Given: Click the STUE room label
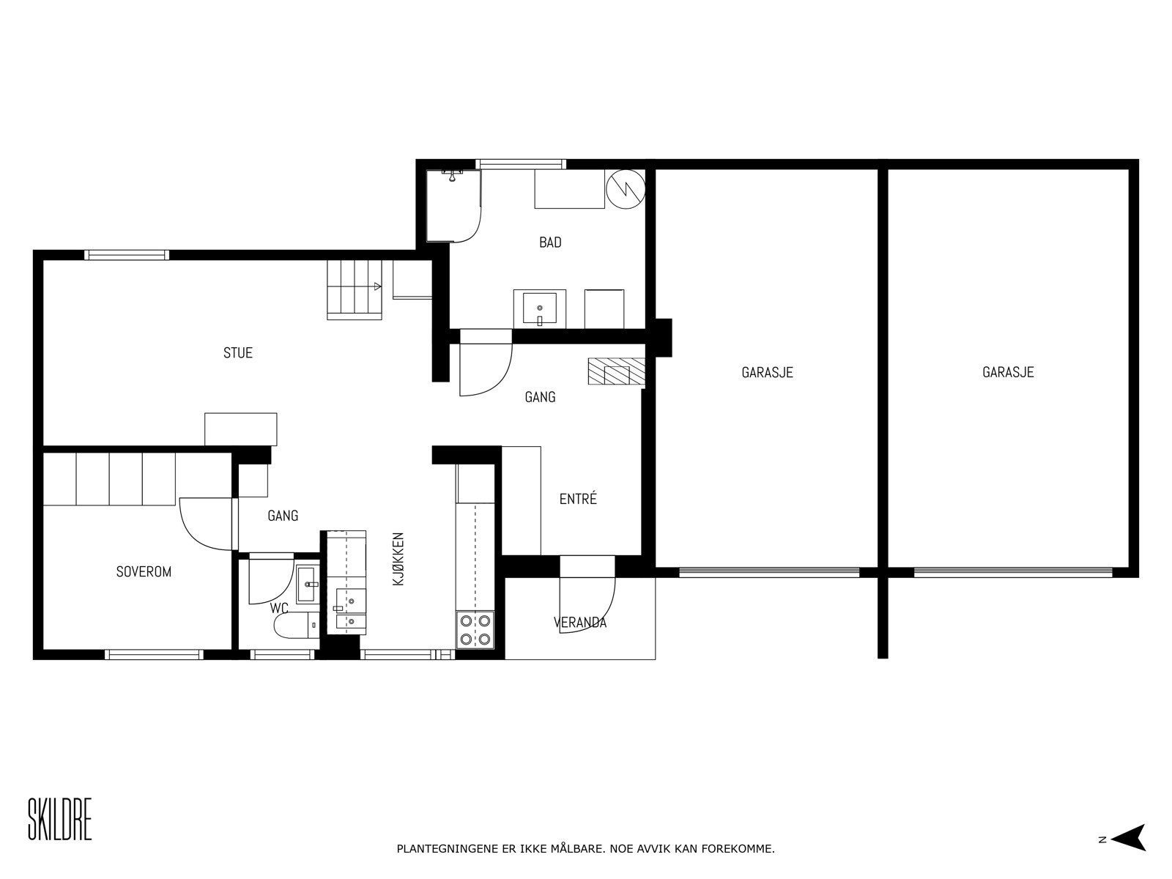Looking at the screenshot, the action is tap(237, 353).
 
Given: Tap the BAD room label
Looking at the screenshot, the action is tap(550, 242).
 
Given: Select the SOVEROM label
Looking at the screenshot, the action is tap(144, 571).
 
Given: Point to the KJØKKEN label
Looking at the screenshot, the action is tap(398, 559).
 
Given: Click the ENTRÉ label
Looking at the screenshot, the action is tap(578, 499).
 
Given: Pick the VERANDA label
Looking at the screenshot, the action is tap(580, 623).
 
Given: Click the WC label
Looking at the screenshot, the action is tap(279, 609).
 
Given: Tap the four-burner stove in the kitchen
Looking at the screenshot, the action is tap(475, 630).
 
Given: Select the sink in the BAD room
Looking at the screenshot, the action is tap(539, 308).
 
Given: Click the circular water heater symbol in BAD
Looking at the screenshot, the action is tap(626, 189).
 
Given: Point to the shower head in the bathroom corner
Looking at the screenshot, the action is tap(452, 175).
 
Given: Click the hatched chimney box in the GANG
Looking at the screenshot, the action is tap(617, 371).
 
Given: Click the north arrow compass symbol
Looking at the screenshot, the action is tap(1130, 839).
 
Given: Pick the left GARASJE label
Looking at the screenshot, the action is tap(767, 372).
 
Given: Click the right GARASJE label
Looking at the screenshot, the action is tap(1008, 372).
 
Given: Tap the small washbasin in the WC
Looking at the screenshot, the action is tap(308, 584).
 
